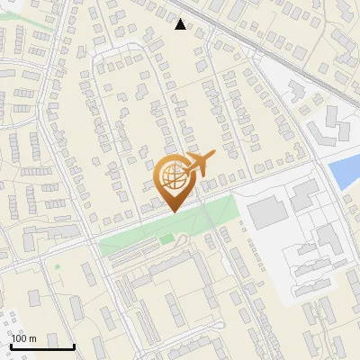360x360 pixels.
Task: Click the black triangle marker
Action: [181, 24]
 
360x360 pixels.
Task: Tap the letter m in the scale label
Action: [32, 338]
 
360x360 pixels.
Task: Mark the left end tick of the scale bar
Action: [12, 344]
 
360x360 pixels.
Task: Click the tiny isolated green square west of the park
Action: [58, 266]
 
